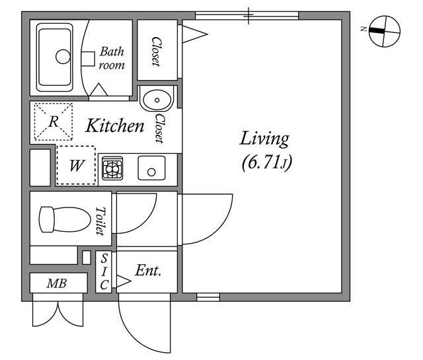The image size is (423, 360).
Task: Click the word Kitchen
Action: [114, 126]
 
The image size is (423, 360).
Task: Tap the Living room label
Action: [264, 139]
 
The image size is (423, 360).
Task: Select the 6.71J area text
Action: [266, 163]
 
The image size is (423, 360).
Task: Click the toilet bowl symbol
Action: [65, 219]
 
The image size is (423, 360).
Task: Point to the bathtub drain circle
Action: [63, 57]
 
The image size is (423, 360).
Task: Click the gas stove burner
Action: [112, 168]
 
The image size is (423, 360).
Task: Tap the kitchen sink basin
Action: [151, 168]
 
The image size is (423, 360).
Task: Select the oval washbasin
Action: [157, 100]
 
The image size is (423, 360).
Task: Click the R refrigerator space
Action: [54, 122]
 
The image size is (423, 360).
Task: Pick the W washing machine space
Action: [77, 165]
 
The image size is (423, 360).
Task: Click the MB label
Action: [57, 283]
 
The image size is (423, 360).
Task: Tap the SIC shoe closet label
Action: [104, 271]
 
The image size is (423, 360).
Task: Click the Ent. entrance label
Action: [148, 270]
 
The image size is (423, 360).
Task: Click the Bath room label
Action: [112, 58]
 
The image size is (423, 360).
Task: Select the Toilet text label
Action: [100, 221]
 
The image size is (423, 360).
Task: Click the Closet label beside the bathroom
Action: [157, 52]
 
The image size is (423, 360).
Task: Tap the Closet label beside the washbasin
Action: [159, 129]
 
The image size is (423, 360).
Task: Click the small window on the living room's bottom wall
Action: [208, 297]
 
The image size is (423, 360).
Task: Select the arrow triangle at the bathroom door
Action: [98, 90]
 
